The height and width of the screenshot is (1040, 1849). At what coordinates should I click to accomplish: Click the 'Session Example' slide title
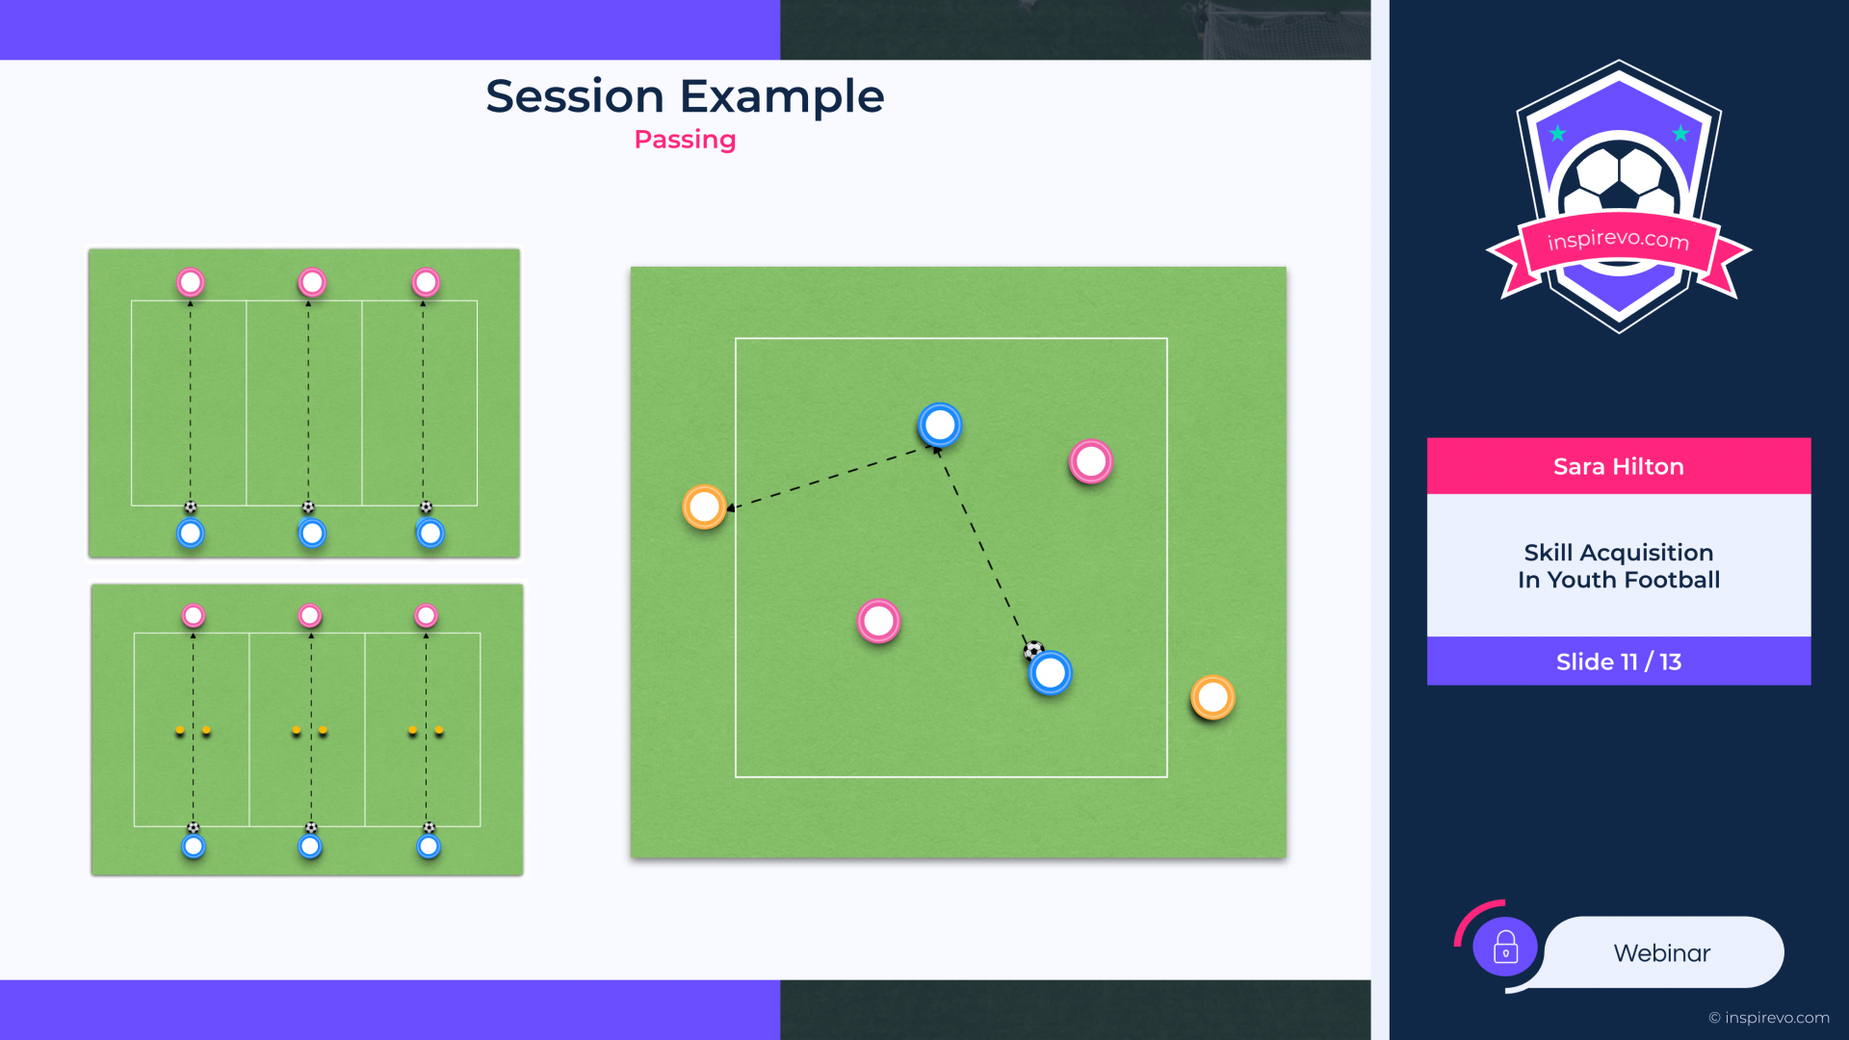685,96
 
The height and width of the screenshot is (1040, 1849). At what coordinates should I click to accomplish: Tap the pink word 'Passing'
685,140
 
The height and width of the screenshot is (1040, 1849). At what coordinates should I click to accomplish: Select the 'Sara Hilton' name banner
1619,466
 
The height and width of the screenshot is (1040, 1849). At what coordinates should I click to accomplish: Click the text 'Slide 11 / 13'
1619,662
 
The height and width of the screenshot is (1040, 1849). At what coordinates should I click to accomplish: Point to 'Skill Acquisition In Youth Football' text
1619,566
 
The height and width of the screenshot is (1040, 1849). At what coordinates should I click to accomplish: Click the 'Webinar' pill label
1662,952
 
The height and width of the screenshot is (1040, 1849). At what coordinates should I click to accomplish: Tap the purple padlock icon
1505,947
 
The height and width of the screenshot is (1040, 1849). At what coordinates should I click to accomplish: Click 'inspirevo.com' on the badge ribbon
1618,239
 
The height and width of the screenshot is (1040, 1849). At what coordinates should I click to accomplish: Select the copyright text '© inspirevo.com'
1769,1018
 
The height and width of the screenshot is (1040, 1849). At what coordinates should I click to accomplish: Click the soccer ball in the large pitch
1033,650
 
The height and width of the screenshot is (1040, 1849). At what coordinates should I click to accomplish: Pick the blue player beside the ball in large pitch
1051,673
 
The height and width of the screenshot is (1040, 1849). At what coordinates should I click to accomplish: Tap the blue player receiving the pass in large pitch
940,425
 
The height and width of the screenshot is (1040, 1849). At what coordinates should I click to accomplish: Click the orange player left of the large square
704,507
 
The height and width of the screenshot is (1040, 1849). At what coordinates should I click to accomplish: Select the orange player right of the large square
1212,697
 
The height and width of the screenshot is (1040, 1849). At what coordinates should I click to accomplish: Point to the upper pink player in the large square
1090,462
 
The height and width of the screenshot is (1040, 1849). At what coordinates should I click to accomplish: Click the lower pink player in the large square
878,621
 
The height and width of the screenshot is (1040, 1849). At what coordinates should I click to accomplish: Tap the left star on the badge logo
1558,133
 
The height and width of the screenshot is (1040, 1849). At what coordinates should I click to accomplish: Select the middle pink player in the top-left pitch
312,282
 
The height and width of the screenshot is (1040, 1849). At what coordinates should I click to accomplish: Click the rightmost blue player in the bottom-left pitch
429,846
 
